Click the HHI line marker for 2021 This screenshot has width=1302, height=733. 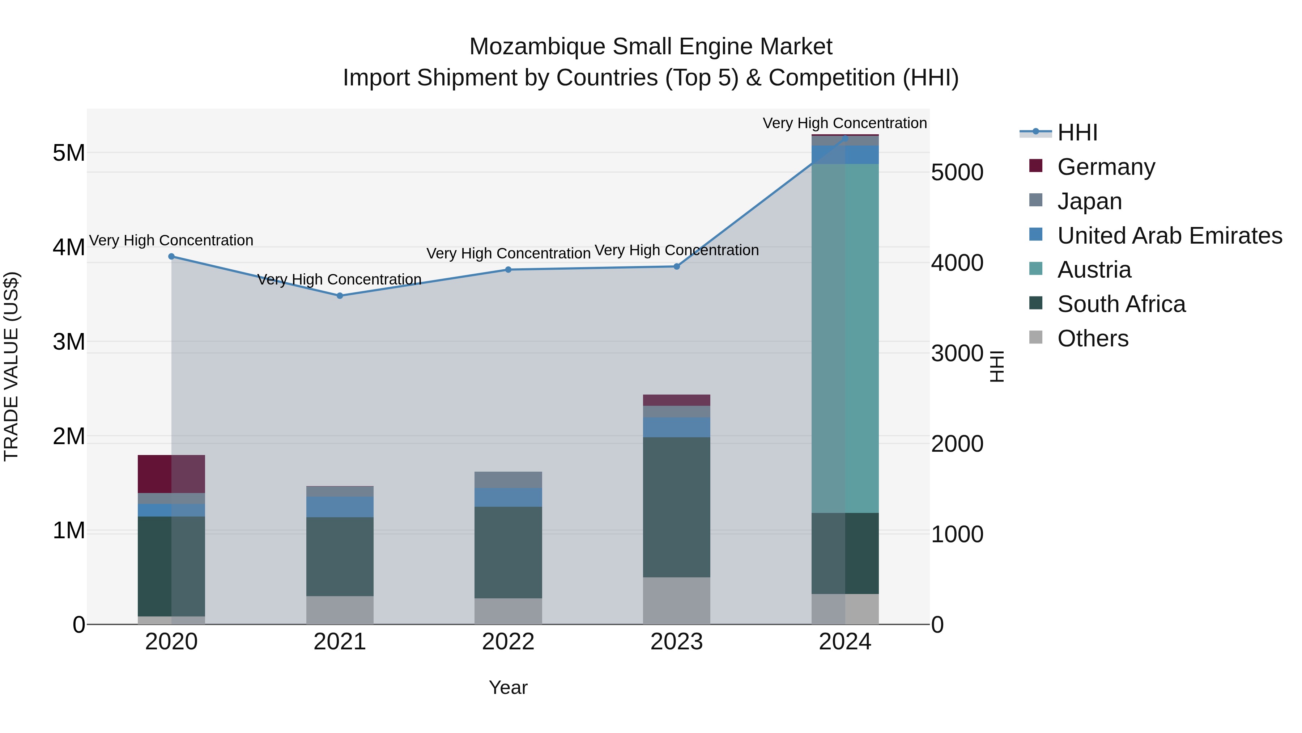pyautogui.click(x=340, y=296)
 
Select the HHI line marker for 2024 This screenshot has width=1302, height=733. pyautogui.click(x=845, y=138)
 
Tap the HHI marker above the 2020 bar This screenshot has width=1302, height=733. pyautogui.click(x=171, y=257)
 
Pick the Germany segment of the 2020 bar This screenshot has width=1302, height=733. pyautogui.click(x=171, y=474)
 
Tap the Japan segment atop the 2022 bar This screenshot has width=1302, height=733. pyautogui.click(x=508, y=480)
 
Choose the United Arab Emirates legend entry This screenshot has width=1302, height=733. pyautogui.click(x=1170, y=236)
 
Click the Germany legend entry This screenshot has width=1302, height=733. pyautogui.click(x=1106, y=167)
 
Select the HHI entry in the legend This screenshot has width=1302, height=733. pyautogui.click(x=1077, y=132)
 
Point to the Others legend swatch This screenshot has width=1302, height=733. pyautogui.click(x=1036, y=337)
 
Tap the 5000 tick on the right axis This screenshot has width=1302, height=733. pyautogui.click(x=957, y=173)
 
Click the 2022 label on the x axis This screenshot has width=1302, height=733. pyautogui.click(x=508, y=642)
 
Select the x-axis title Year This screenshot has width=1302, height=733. pyautogui.click(x=508, y=687)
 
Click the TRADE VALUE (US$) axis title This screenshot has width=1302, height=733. pyautogui.click(x=11, y=366)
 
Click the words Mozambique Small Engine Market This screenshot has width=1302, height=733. pyautogui.click(x=651, y=47)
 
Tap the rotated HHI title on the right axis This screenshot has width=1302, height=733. pyautogui.click(x=996, y=366)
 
